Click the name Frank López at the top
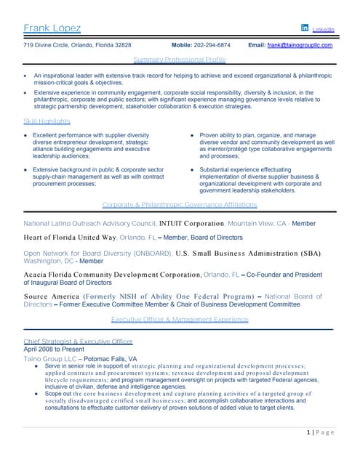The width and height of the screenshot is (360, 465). (x=52, y=28)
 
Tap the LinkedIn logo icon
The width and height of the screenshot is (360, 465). (x=305, y=28)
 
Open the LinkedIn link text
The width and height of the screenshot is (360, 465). (x=323, y=30)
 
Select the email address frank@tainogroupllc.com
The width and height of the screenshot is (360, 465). (x=300, y=45)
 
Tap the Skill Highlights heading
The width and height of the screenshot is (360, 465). (x=47, y=121)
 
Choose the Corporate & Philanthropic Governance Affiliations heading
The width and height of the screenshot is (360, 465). (x=180, y=205)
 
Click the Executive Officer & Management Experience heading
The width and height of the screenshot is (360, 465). (x=180, y=319)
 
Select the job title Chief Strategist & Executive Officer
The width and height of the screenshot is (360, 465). (x=78, y=341)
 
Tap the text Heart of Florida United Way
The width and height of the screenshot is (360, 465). (x=71, y=238)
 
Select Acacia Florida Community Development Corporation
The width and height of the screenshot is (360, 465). (x=112, y=275)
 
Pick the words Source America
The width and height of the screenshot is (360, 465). (x=52, y=296)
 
